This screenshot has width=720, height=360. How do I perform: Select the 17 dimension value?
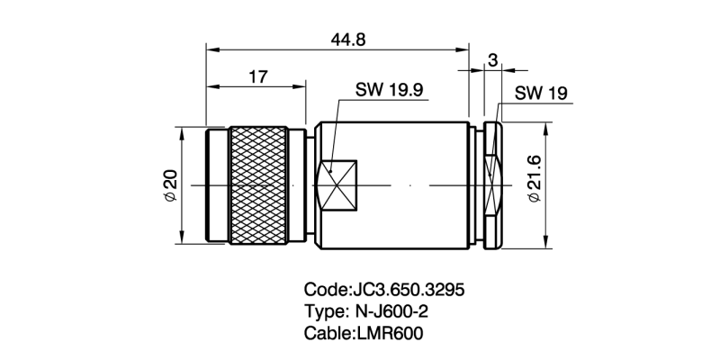257,77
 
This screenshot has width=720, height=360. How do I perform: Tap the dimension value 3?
493,59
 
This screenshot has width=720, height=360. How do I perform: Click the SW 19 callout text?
540,94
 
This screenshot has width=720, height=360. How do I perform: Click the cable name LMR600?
388,333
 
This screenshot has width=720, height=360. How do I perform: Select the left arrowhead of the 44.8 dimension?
211,46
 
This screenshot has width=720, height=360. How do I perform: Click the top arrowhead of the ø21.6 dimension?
547,127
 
